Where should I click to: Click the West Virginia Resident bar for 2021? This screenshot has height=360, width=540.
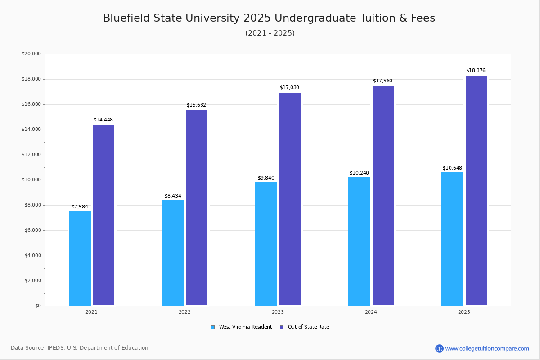(x=80, y=258)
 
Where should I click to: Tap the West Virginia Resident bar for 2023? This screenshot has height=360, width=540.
(x=266, y=244)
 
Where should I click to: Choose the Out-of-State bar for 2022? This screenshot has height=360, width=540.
(x=197, y=208)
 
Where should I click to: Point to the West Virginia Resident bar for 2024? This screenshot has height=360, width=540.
(x=359, y=241)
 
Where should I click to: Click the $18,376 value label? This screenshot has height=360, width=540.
(x=476, y=71)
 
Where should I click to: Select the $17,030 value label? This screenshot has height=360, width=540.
(x=289, y=88)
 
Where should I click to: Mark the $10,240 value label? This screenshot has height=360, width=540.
(x=359, y=173)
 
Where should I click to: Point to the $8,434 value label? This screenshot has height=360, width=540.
(x=173, y=196)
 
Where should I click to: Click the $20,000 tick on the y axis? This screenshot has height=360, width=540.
(x=31, y=54)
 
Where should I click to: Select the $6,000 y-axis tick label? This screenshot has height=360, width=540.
(x=31, y=230)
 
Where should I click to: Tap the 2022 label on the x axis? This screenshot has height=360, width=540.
(x=184, y=312)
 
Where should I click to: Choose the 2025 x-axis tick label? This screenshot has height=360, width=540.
(x=464, y=312)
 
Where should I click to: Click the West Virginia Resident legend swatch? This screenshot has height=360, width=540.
(x=213, y=327)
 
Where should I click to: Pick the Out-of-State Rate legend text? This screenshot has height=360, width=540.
(x=308, y=327)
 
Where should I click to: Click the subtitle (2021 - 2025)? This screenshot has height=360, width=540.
(x=270, y=33)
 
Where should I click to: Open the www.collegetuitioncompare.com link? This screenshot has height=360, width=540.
(x=487, y=348)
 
